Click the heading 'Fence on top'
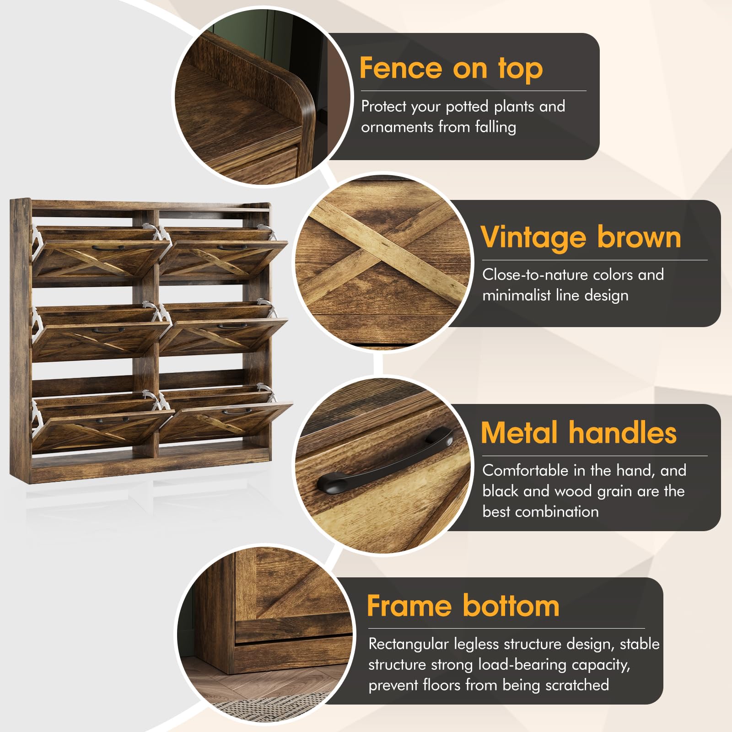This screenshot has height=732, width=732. (451, 69)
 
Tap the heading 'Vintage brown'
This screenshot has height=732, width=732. (581, 237)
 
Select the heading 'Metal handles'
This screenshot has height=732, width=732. (579, 433)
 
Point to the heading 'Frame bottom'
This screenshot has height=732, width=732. (463, 606)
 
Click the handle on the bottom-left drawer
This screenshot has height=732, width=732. (113, 419)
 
